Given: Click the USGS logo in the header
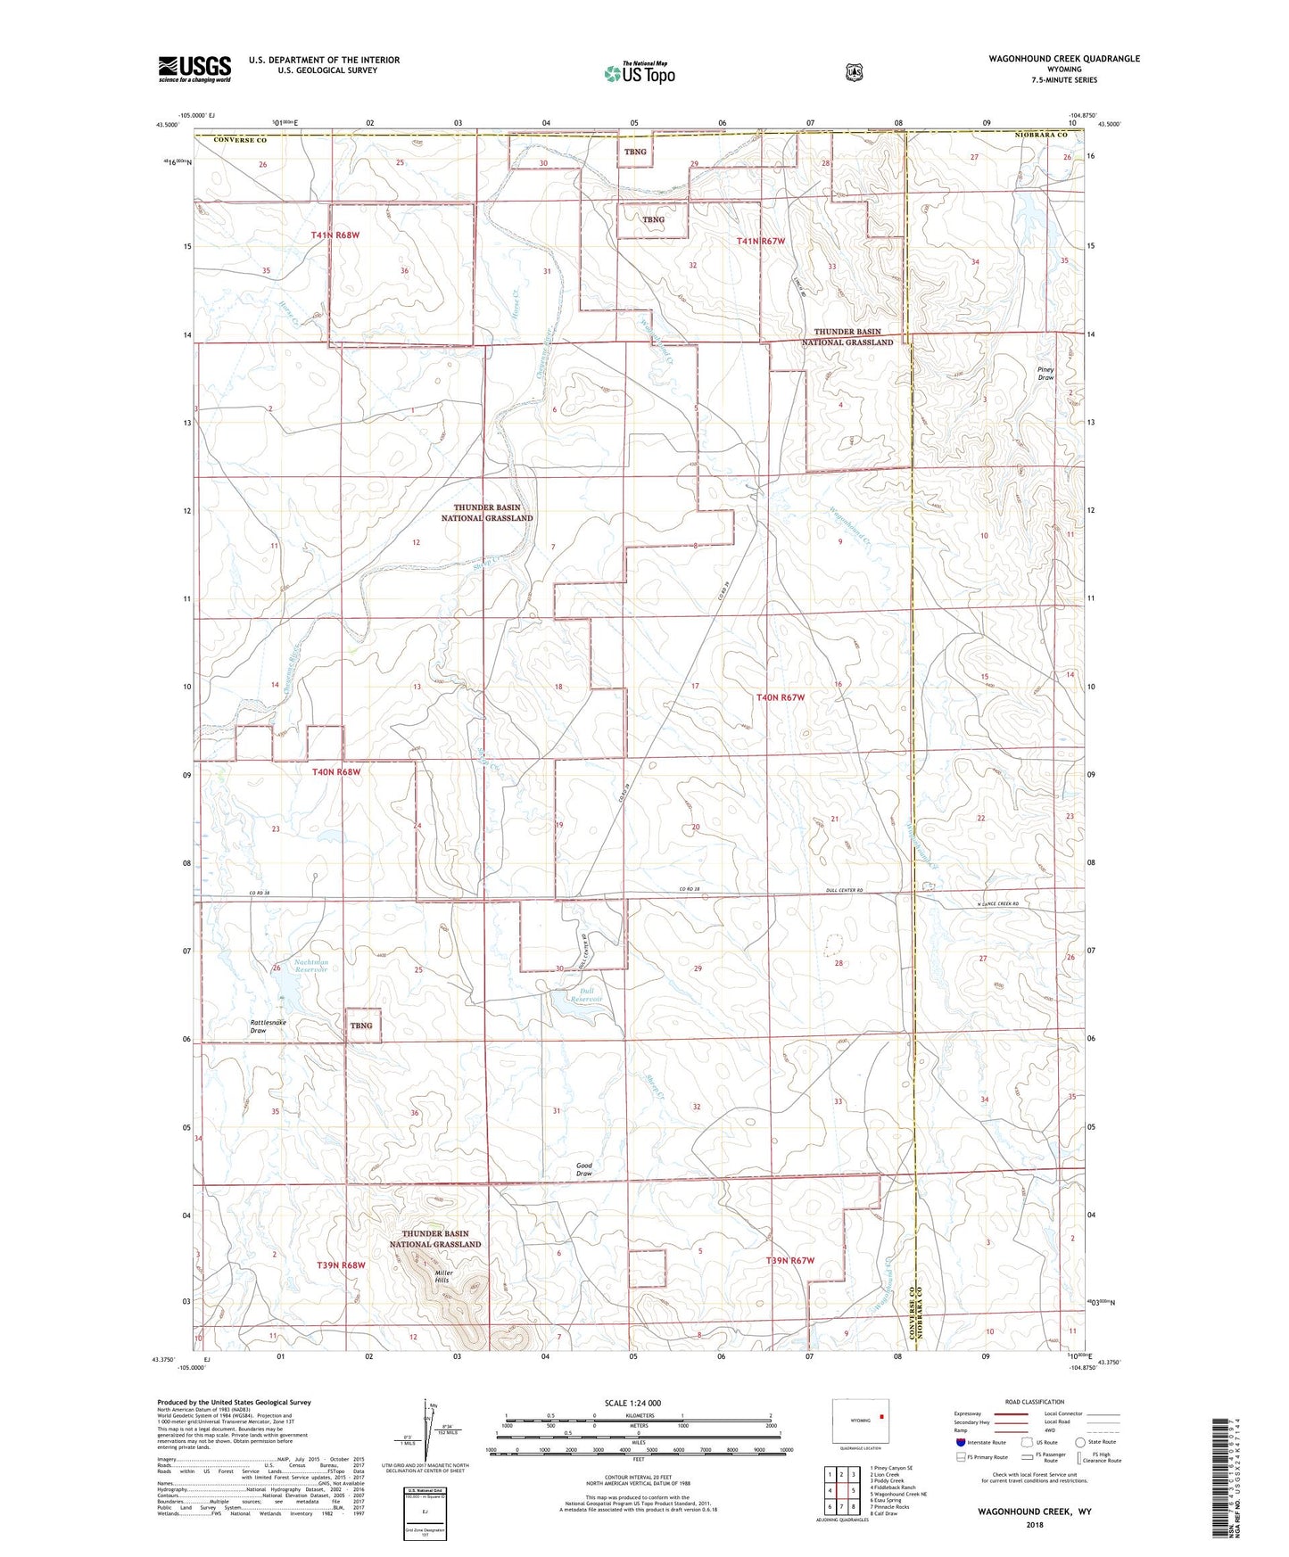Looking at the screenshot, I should pyautogui.click(x=194, y=69).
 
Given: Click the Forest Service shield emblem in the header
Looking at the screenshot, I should pyautogui.click(x=855, y=72).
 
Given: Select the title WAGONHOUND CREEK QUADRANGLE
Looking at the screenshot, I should pyautogui.click(x=1063, y=59).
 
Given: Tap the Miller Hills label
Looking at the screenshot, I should pyautogui.click(x=443, y=1277).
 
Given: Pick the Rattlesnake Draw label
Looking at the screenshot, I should pyautogui.click(x=269, y=1026).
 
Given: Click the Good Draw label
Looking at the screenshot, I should pyautogui.click(x=584, y=1169).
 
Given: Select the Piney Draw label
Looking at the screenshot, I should pyautogui.click(x=1045, y=373).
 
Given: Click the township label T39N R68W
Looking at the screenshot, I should pyautogui.click(x=342, y=1265).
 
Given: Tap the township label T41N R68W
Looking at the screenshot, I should pyautogui.click(x=335, y=235).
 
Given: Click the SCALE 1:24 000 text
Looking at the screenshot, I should pyautogui.click(x=632, y=1403).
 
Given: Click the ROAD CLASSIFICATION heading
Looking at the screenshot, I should pyautogui.click(x=1034, y=1402).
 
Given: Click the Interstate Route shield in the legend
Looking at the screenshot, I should pyautogui.click(x=960, y=1442).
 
